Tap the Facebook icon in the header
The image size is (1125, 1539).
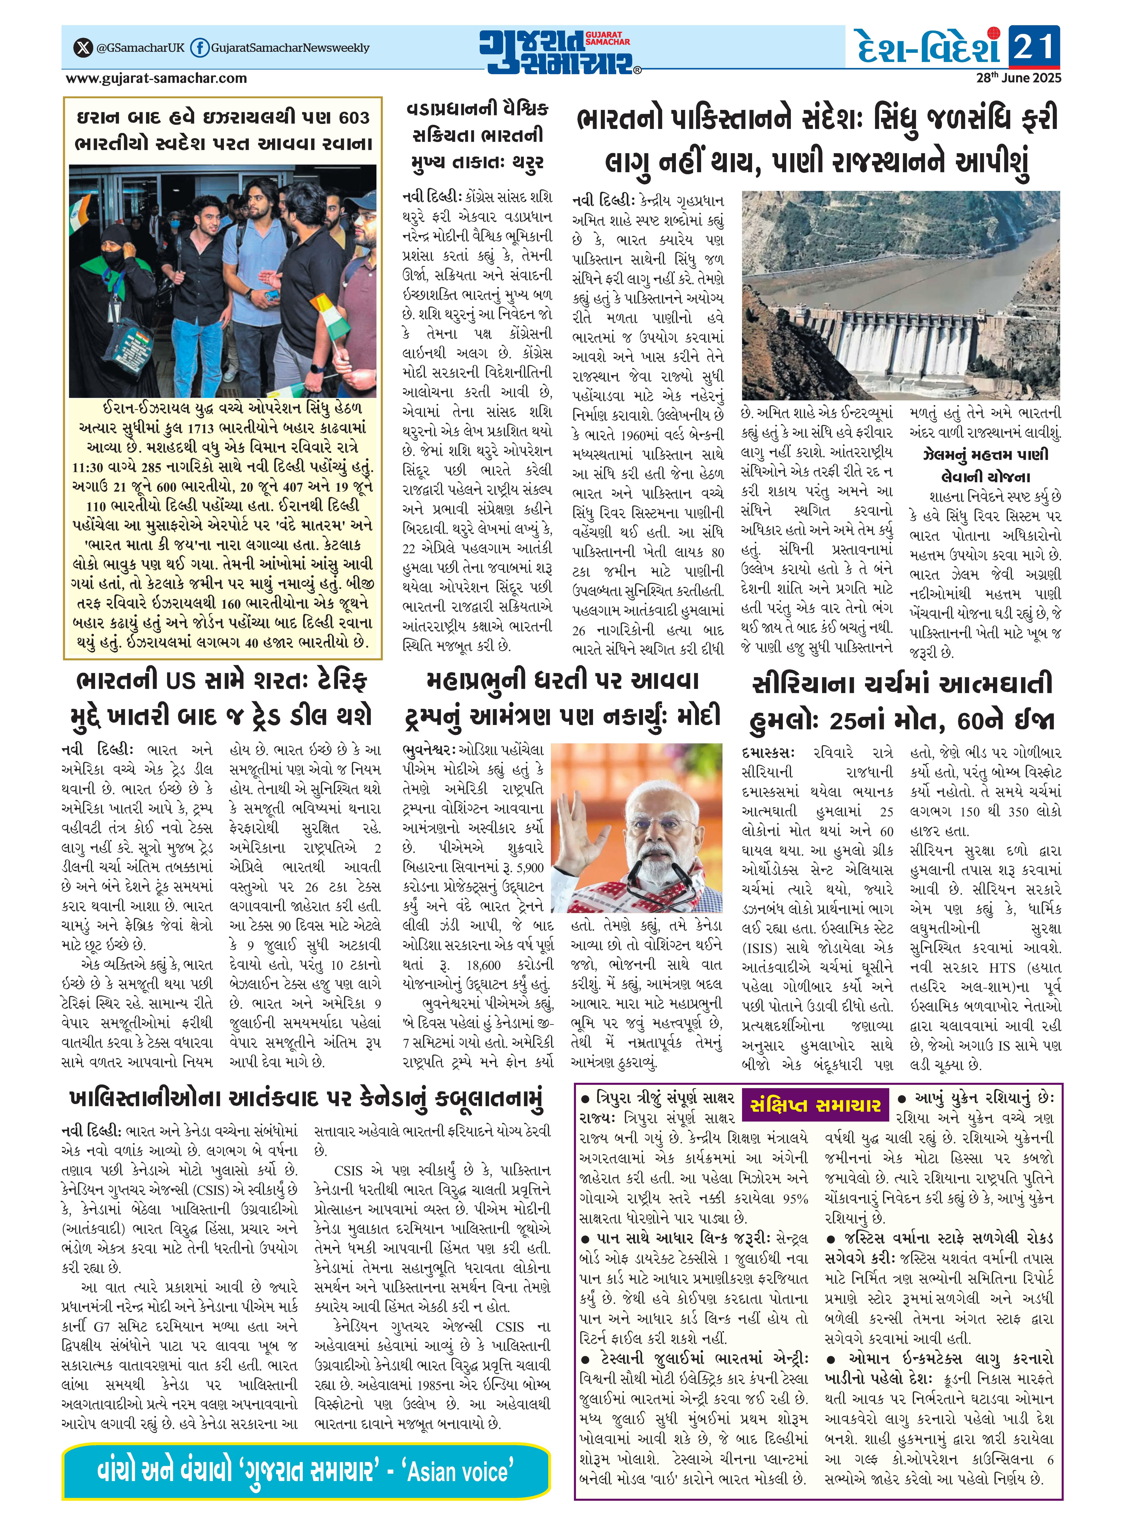point(200,48)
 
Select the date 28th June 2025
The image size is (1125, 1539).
point(1018,78)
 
